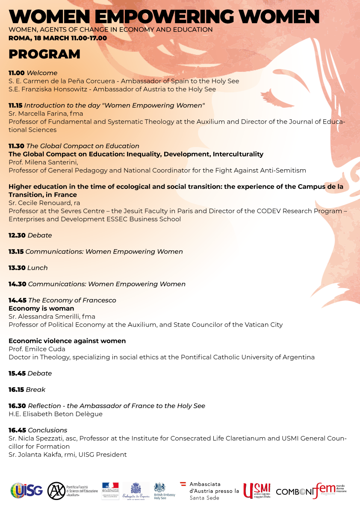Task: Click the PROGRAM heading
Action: point(44,54)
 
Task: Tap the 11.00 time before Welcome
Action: point(16,73)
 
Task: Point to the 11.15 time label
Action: point(15,105)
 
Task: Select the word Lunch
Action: point(37,268)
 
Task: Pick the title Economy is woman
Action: point(41,309)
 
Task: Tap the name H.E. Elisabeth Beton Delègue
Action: point(56,414)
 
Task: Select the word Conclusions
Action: point(47,430)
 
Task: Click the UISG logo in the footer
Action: point(27,491)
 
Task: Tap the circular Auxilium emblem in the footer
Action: point(56,491)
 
